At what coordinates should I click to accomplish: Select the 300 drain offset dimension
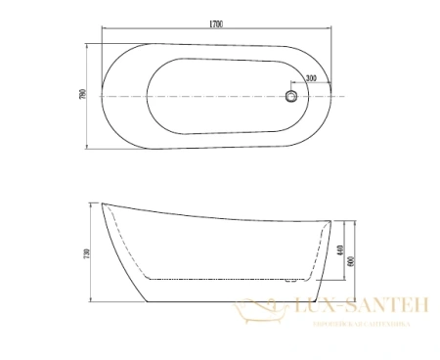tap(310, 77)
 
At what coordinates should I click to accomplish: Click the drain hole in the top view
tap(290, 96)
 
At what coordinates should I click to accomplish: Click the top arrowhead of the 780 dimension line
tap(89, 44)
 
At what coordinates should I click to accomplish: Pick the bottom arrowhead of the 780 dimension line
tap(89, 148)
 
